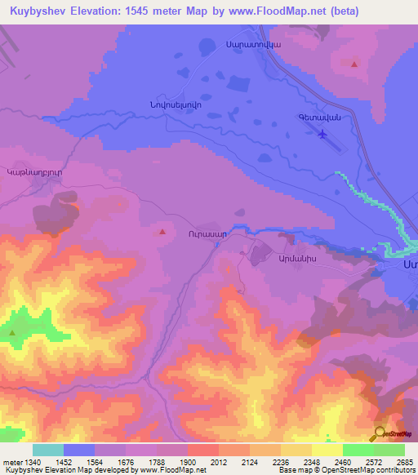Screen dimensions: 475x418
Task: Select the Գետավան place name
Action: [318, 118]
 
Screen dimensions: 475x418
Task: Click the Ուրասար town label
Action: [207, 233]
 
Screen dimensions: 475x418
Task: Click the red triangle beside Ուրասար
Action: [162, 232]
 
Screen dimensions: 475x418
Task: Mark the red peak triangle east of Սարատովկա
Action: [354, 63]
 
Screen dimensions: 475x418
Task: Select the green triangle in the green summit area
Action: [12, 332]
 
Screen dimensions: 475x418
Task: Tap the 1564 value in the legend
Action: [94, 463]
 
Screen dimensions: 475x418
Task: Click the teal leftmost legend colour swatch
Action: [47, 450]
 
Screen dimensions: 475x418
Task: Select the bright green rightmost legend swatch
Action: [389, 450]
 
